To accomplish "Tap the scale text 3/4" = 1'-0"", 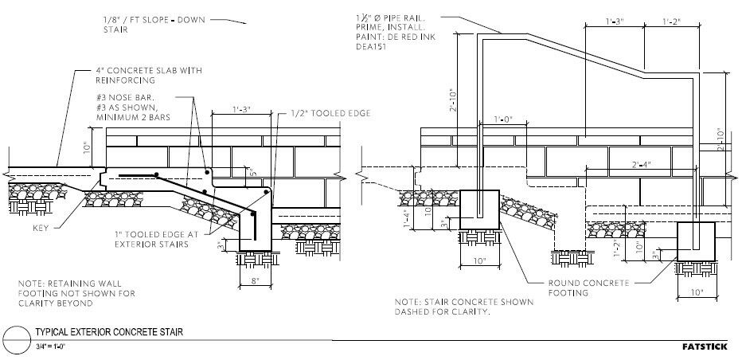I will [51, 345].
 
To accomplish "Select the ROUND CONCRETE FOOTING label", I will [589, 288].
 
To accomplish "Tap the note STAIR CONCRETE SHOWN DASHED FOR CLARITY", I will [441, 307].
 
